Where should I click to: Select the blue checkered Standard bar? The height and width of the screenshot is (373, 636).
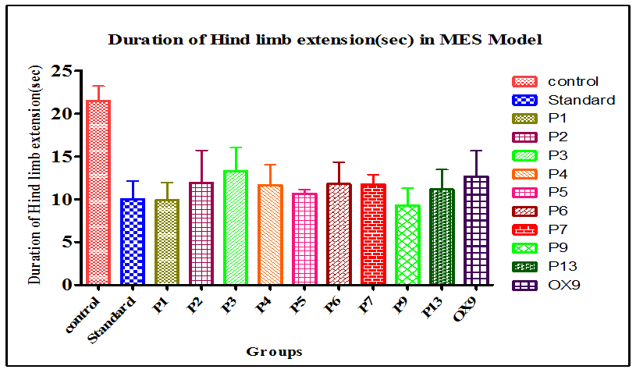132,241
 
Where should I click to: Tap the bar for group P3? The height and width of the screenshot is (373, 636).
235,227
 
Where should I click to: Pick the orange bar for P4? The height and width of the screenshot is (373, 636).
269,234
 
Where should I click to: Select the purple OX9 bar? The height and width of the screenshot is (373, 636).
475,230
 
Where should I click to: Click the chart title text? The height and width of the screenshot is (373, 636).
325,39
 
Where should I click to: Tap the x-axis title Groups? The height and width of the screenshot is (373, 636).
274,352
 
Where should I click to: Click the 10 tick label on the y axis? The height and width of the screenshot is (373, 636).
61,200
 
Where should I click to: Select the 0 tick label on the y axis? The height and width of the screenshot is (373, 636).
66,285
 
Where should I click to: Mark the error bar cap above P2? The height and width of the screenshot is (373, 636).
201,151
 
